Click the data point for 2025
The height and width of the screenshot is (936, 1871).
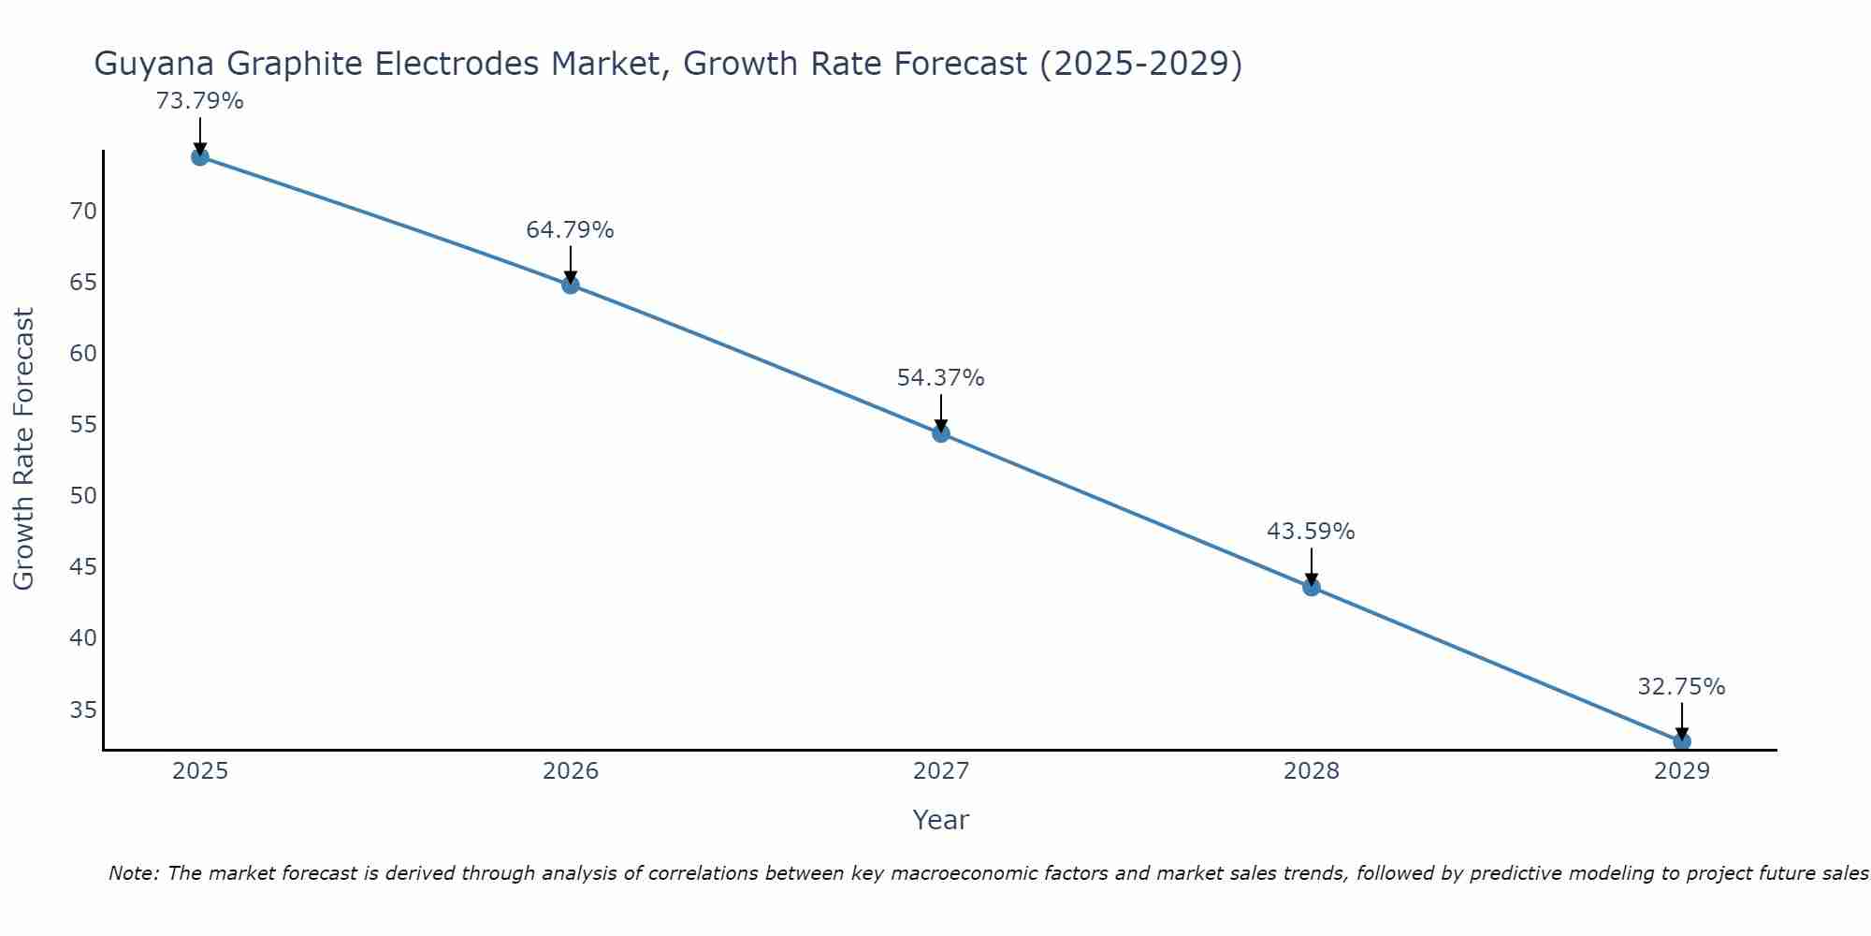click(199, 156)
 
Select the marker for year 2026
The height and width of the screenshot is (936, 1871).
click(571, 285)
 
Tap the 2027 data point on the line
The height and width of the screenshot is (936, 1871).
click(941, 432)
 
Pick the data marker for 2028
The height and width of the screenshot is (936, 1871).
click(1312, 587)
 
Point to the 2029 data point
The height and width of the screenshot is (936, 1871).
click(1681, 741)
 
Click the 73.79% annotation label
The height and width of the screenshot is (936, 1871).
click(199, 101)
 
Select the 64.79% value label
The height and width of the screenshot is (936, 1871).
click(570, 230)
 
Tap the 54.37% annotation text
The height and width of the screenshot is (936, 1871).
click(940, 378)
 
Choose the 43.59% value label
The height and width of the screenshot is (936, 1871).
click(1311, 532)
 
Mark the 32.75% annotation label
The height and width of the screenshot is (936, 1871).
click(1681, 687)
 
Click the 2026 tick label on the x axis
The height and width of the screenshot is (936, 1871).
click(571, 771)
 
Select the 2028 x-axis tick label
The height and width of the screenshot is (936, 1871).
click(1312, 771)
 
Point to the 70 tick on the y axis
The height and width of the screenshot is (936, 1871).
click(83, 212)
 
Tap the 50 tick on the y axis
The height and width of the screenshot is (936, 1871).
click(83, 496)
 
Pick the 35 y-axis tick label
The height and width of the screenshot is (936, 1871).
click(83, 709)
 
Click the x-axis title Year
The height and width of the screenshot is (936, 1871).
click(940, 820)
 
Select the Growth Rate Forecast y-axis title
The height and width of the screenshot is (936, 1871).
click(24, 448)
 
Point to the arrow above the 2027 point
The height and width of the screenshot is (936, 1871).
click(941, 411)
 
